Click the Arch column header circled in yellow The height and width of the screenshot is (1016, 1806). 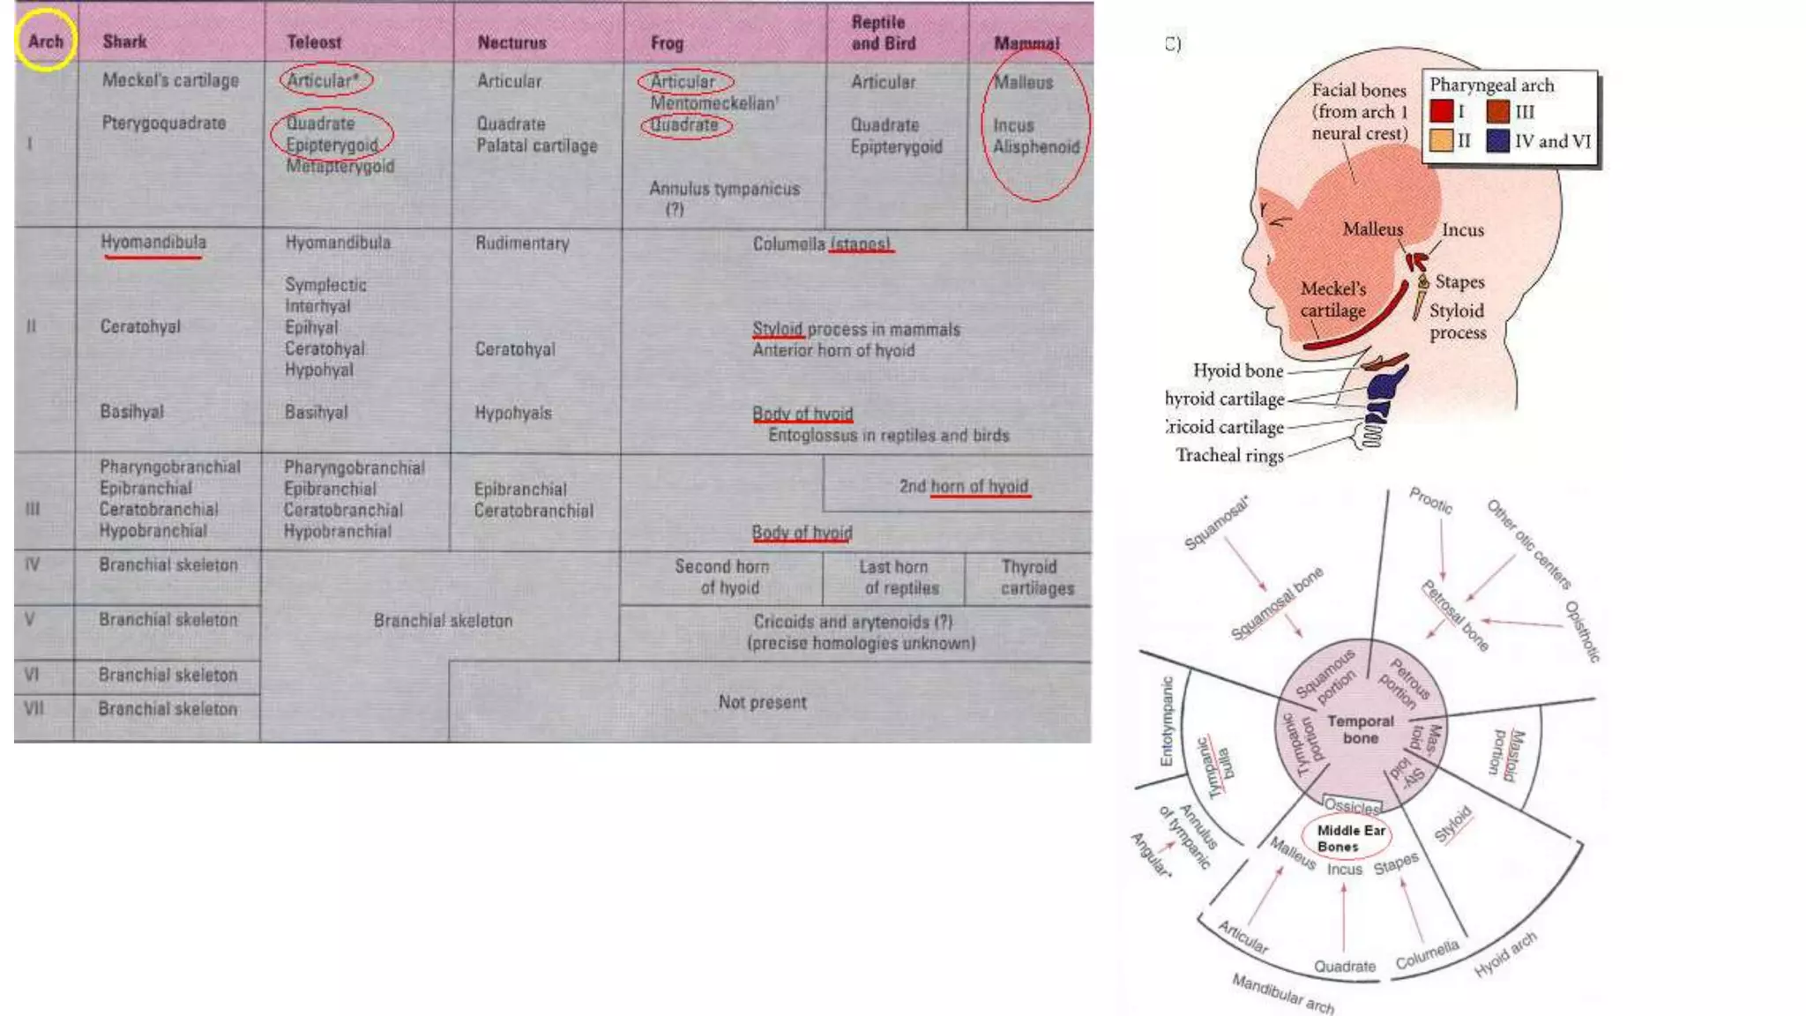click(x=45, y=41)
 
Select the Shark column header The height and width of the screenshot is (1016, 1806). click(x=124, y=41)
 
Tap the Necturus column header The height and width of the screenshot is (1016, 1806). click(x=511, y=42)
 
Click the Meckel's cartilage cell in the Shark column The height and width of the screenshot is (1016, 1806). click(x=170, y=80)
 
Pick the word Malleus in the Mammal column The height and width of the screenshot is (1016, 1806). click(x=1023, y=82)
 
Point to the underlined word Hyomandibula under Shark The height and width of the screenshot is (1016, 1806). click(x=153, y=243)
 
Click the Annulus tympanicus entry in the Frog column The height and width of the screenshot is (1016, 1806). click(x=724, y=189)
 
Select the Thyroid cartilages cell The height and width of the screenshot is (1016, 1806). click(x=1036, y=578)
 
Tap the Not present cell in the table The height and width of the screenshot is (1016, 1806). click(x=762, y=702)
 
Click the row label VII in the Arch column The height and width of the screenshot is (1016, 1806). click(x=34, y=708)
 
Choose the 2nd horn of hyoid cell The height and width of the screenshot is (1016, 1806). click(x=963, y=486)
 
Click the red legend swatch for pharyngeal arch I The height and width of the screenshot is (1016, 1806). click(x=1441, y=112)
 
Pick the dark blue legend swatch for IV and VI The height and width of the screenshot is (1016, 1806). click(x=1497, y=141)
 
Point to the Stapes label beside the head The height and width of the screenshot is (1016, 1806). click(x=1459, y=282)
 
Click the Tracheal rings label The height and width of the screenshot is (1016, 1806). click(x=1229, y=455)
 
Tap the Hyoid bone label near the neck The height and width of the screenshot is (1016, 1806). click(x=1238, y=370)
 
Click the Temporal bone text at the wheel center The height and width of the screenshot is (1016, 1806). click(x=1361, y=729)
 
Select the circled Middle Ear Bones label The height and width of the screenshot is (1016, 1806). click(x=1350, y=838)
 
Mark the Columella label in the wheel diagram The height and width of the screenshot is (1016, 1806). click(x=1427, y=954)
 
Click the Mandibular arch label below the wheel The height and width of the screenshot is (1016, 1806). click(x=1283, y=994)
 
